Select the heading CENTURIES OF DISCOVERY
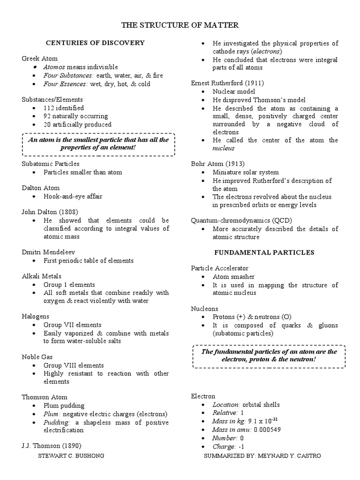click(x=95, y=43)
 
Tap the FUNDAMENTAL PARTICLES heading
click(x=264, y=252)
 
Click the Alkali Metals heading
click(x=42, y=276)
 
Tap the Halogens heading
click(x=36, y=316)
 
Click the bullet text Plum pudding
click(x=64, y=405)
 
